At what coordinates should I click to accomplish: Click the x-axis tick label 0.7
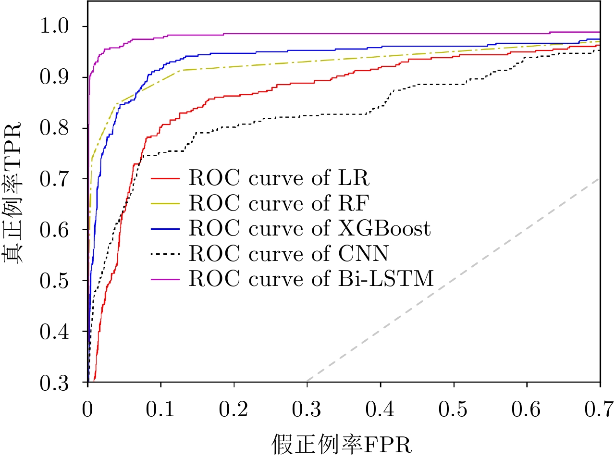pos(599,409)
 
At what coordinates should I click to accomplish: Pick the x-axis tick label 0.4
pos(380,409)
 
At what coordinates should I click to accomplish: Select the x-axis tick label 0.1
pos(160,409)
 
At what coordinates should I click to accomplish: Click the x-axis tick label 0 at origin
pos(88,409)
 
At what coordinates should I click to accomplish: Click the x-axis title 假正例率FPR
pos(342,444)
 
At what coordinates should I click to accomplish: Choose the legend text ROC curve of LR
pos(279,178)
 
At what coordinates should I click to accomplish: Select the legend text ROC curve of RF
pos(279,203)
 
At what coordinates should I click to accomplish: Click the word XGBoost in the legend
pos(384,228)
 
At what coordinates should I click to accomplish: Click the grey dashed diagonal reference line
pos(452,280)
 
